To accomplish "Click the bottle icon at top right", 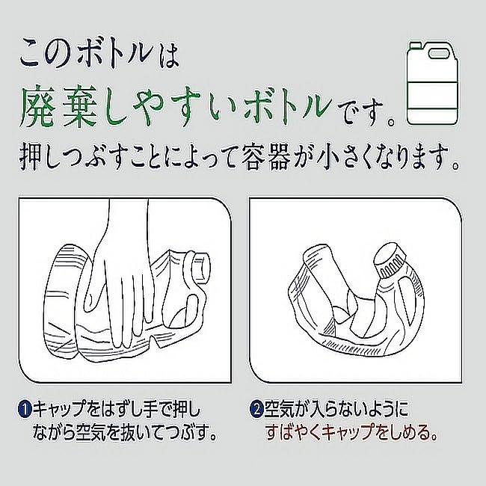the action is [x=432, y=83].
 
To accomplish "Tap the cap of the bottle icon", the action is [x=415, y=46].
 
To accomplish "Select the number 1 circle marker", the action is [x=25, y=409].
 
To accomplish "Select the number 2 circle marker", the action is [x=256, y=409].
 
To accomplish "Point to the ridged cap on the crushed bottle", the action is [x=390, y=260].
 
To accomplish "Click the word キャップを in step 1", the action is [x=67, y=409].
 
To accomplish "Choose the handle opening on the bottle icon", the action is [x=440, y=54].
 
